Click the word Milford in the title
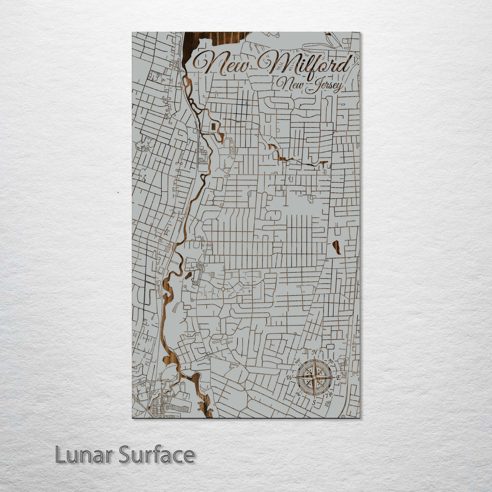point(310,65)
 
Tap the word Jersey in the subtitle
point(324,86)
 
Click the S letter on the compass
point(314,402)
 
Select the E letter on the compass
point(338,378)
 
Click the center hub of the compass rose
point(314,377)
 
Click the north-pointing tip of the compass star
point(314,359)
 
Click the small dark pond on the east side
point(337,247)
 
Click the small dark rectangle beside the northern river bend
point(213,126)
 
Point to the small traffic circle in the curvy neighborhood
point(223,288)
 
